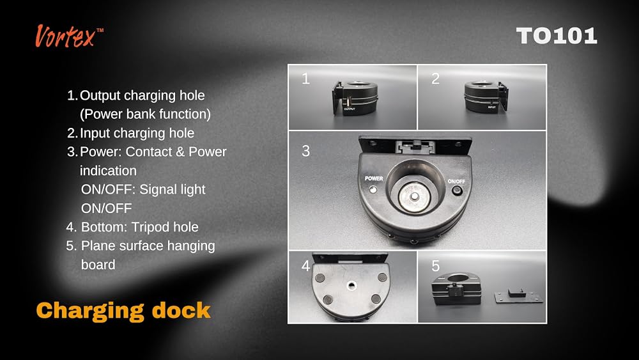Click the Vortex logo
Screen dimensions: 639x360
tap(69, 36)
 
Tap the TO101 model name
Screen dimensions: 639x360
tap(557, 36)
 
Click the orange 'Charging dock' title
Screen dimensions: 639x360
tap(123, 311)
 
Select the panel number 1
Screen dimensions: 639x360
tap(305, 78)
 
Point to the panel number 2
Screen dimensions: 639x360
tap(435, 78)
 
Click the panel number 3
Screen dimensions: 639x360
tap(305, 151)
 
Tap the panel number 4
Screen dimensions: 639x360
tap(305, 266)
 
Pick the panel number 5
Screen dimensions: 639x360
tap(435, 266)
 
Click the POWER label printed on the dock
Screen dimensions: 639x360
tap(374, 178)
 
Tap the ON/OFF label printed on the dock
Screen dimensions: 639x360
tap(456, 182)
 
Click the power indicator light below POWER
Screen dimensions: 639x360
tap(373, 189)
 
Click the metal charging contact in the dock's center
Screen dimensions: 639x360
tap(415, 196)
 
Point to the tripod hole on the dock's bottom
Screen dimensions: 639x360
tap(351, 285)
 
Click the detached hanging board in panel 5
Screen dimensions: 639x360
tap(518, 296)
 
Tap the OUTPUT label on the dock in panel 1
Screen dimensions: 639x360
tap(350, 109)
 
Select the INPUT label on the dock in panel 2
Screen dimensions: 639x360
tap(492, 107)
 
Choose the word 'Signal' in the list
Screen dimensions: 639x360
tap(157, 190)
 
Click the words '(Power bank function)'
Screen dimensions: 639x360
tap(145, 114)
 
